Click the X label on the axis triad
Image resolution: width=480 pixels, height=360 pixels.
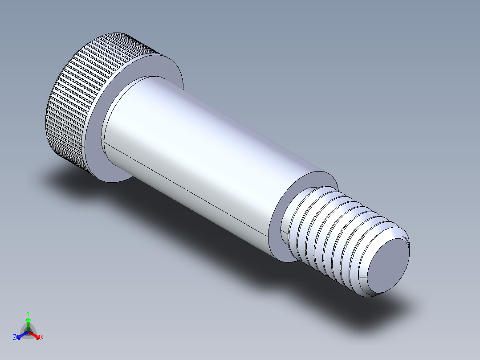click(x=42, y=338)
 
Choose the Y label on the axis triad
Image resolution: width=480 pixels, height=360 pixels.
click(x=28, y=313)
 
